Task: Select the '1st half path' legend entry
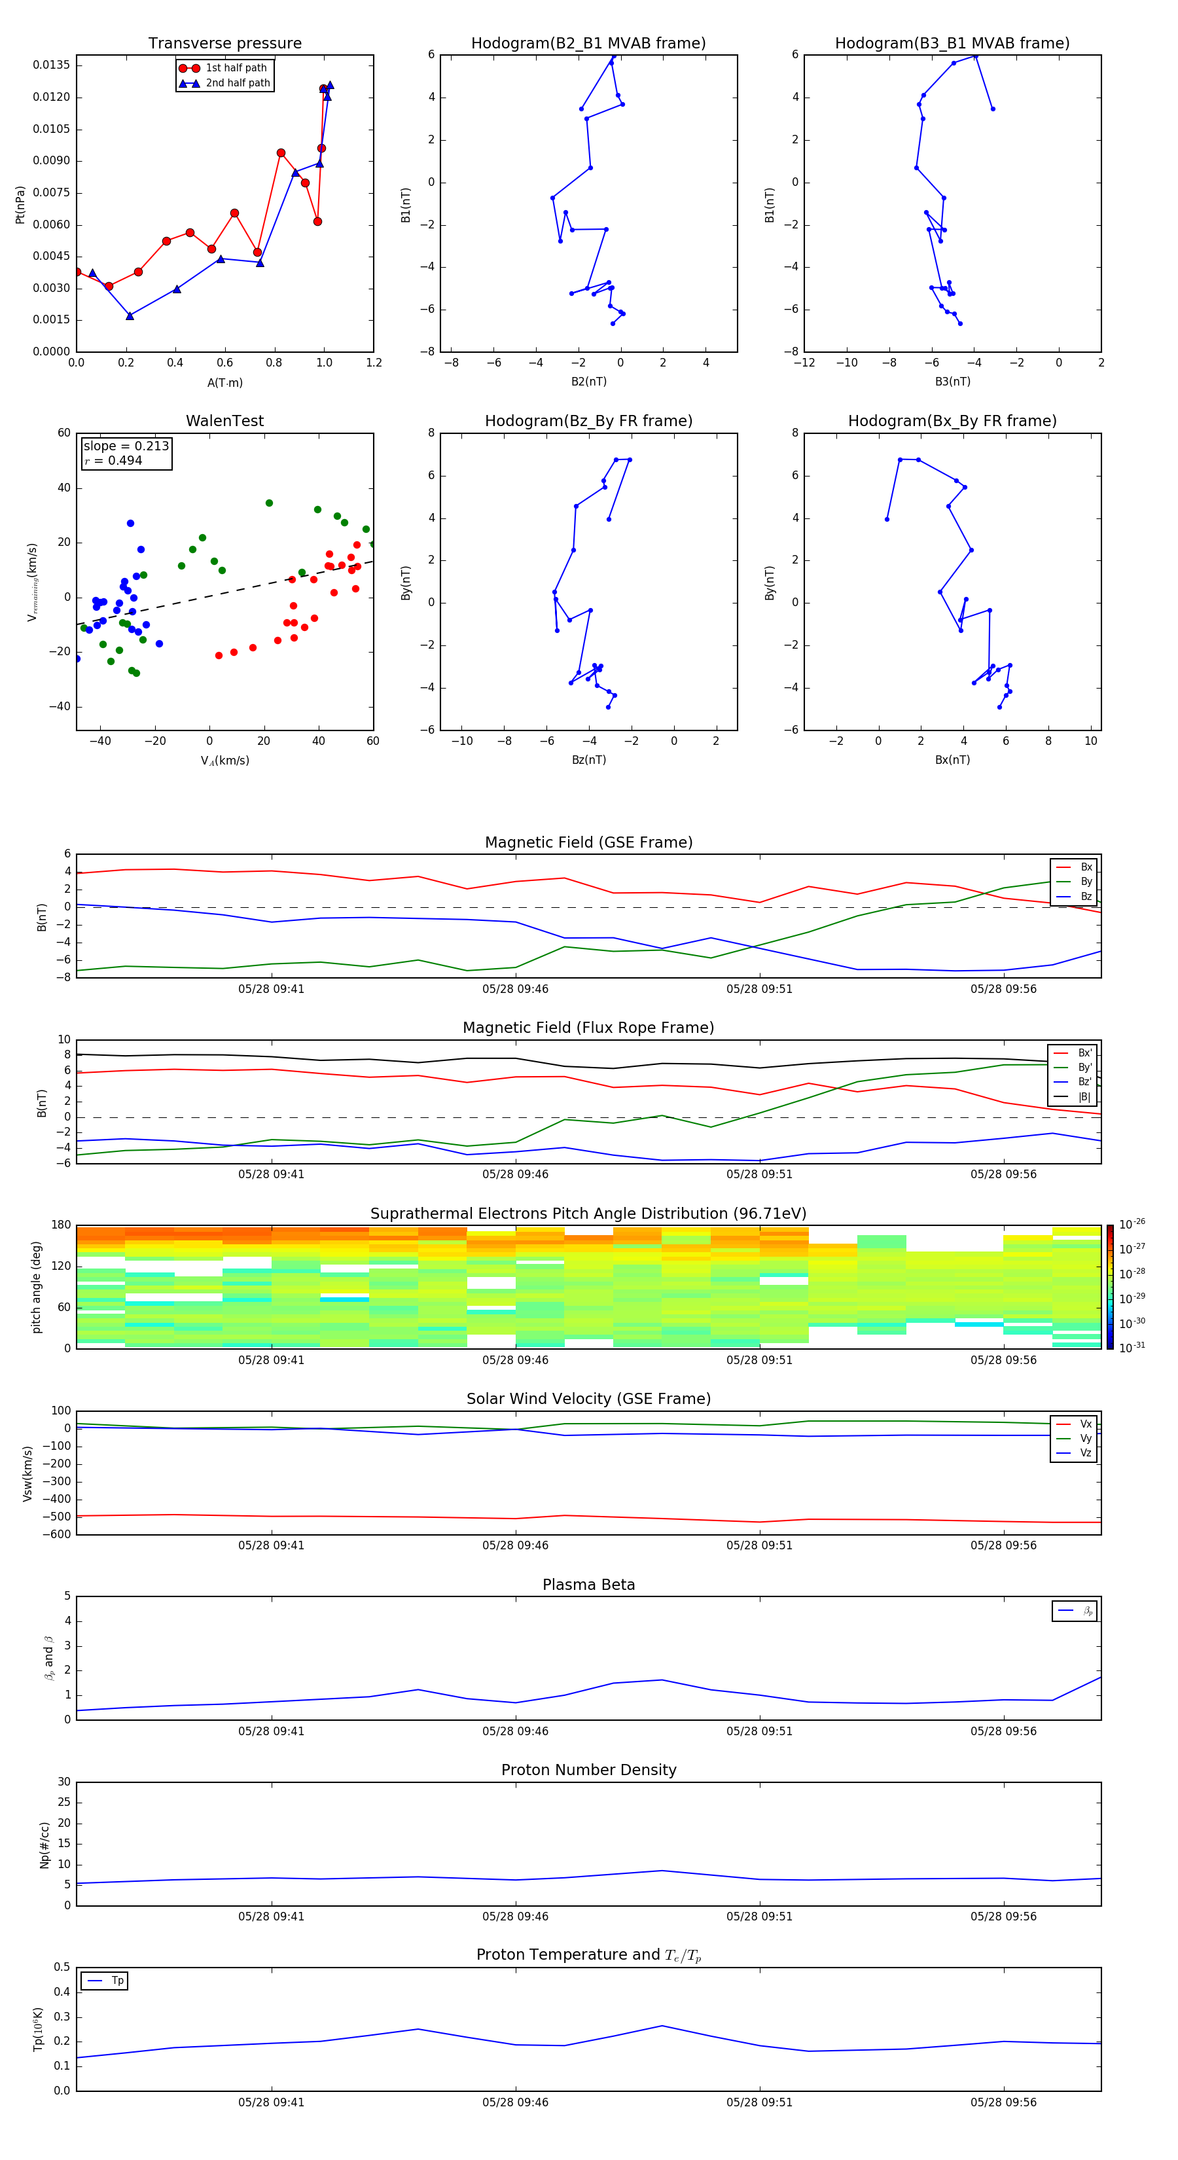coord(236,68)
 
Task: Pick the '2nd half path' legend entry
coord(238,83)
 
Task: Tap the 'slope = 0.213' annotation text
coord(126,446)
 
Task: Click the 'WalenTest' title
coord(224,421)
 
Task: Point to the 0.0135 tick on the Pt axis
coord(52,65)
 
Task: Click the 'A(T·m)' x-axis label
coord(224,383)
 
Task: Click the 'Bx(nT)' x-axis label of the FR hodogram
coord(952,760)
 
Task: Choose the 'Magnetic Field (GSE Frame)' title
coord(588,842)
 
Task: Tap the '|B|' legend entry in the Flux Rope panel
coord(1084,1097)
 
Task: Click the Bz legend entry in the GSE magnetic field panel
coord(1086,896)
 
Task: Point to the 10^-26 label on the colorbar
coord(1132,1223)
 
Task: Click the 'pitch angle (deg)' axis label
coord(36,1287)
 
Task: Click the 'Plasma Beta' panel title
coord(588,1585)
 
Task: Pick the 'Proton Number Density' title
coord(588,1770)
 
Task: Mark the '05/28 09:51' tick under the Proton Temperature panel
coord(759,2102)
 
